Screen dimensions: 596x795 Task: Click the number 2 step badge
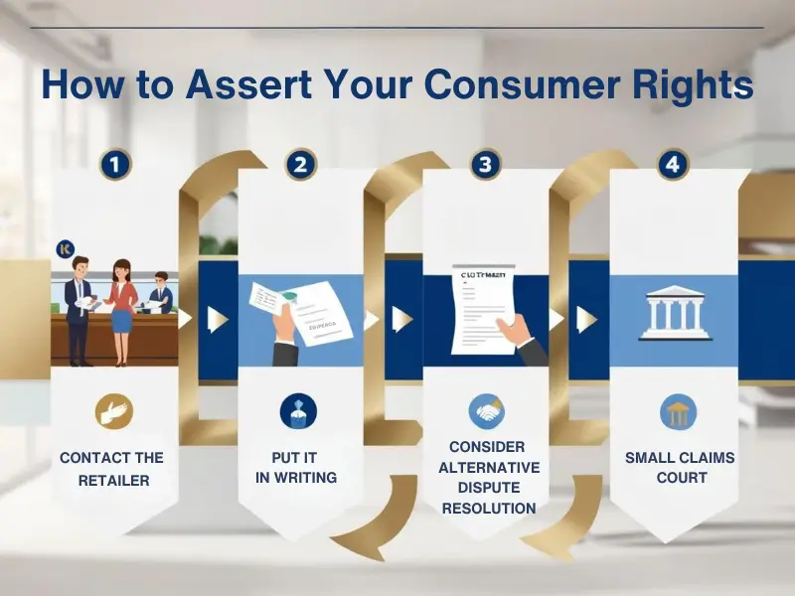click(x=300, y=164)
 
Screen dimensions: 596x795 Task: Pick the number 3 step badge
click(x=486, y=164)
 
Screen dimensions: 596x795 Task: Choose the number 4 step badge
click(x=672, y=164)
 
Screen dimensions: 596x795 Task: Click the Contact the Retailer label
click(x=111, y=469)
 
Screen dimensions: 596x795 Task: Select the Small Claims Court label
click(x=680, y=468)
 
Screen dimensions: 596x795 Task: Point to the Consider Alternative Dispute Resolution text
click(x=488, y=478)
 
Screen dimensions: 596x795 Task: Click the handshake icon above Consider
click(x=486, y=411)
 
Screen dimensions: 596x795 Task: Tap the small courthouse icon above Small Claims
click(x=678, y=411)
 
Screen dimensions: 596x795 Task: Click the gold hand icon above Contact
click(x=113, y=411)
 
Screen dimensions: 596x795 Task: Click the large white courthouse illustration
click(x=673, y=314)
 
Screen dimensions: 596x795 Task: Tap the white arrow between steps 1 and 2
click(x=217, y=319)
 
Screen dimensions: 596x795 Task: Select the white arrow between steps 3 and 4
click(x=587, y=319)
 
